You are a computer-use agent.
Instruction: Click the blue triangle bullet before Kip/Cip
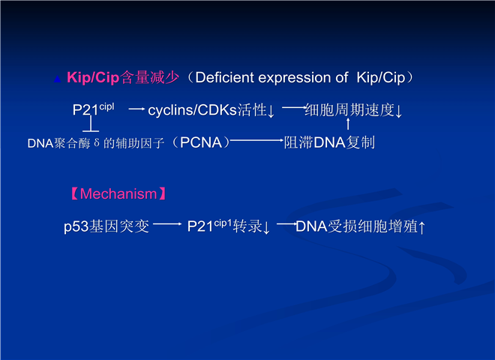pos(57,79)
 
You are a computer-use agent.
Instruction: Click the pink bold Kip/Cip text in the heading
pos(93,78)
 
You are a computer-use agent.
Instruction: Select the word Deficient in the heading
pos(224,78)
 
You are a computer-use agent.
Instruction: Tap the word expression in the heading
pos(303,78)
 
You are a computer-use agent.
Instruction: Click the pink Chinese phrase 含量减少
pos(150,78)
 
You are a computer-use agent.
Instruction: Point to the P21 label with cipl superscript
pos(93,109)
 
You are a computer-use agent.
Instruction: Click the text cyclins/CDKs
pos(192,110)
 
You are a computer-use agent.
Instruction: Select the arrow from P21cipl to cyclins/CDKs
pos(136,109)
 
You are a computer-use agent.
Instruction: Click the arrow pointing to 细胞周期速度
pos(294,108)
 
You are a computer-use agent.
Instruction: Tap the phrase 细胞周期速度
pos(349,110)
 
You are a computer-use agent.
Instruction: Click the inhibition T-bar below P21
pos(91,124)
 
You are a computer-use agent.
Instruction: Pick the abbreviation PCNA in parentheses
pos(201,142)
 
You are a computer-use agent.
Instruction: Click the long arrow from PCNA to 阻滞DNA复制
pos(256,140)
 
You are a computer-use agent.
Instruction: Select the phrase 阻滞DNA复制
pos(329,142)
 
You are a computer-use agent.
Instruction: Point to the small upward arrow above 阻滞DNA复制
pos(348,124)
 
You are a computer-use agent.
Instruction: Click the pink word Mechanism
pos(118,194)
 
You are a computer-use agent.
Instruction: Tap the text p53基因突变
pos(106,226)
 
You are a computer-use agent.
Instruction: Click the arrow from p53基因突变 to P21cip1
pos(167,224)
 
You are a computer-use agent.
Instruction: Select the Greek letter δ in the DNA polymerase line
pos(97,142)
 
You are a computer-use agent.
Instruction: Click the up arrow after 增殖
pos(422,227)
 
